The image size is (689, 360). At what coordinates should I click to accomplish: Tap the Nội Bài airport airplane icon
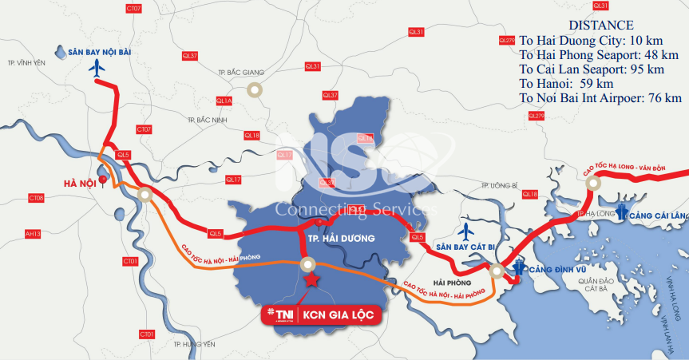pos(98,69)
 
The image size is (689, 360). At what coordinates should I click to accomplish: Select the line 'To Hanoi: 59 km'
pos(566,83)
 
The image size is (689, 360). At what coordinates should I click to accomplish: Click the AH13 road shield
pos(33,234)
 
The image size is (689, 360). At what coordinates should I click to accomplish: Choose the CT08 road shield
pos(36,197)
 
